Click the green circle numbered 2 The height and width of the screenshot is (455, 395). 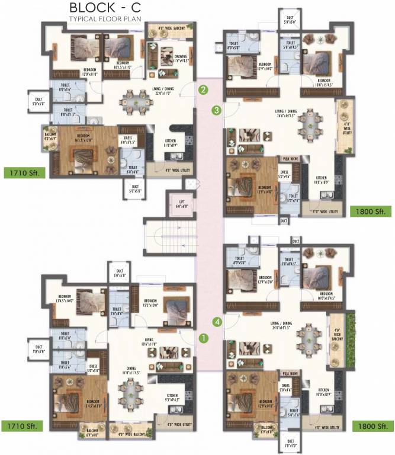click(x=203, y=91)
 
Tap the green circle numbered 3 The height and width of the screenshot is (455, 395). click(x=217, y=110)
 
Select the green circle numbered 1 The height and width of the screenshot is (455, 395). click(x=203, y=339)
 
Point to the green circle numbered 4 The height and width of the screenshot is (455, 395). click(x=218, y=322)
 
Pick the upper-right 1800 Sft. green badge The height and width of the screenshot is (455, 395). click(x=372, y=211)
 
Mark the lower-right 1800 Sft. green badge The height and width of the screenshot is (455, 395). click(x=372, y=425)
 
